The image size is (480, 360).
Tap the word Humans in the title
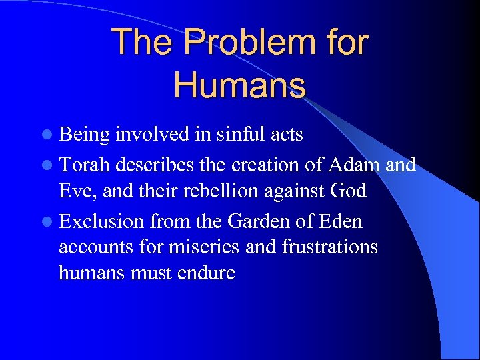click(x=240, y=86)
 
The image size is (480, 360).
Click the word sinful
click(x=237, y=135)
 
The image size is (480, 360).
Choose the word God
click(x=348, y=191)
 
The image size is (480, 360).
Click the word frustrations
click(x=330, y=247)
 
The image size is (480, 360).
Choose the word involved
click(x=150, y=135)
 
